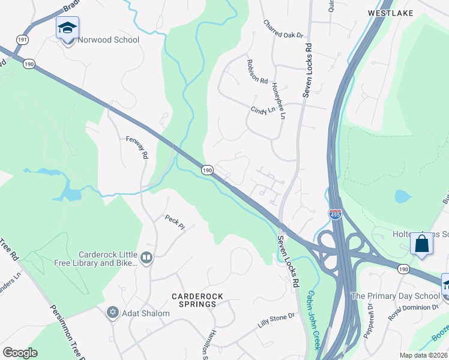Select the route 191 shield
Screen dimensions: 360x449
tap(23, 38)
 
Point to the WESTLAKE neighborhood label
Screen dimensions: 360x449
tap(390, 11)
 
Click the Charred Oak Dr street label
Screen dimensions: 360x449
tap(283, 29)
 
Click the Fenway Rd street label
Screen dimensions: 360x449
tap(137, 147)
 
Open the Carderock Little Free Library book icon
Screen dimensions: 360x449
tap(146, 258)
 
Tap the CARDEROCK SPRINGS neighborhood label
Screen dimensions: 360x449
tap(193, 300)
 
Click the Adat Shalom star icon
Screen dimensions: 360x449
tap(112, 312)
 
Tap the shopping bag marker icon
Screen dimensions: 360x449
tap(422, 244)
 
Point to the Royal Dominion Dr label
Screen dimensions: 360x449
tap(414, 313)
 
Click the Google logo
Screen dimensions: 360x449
tap(20, 352)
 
